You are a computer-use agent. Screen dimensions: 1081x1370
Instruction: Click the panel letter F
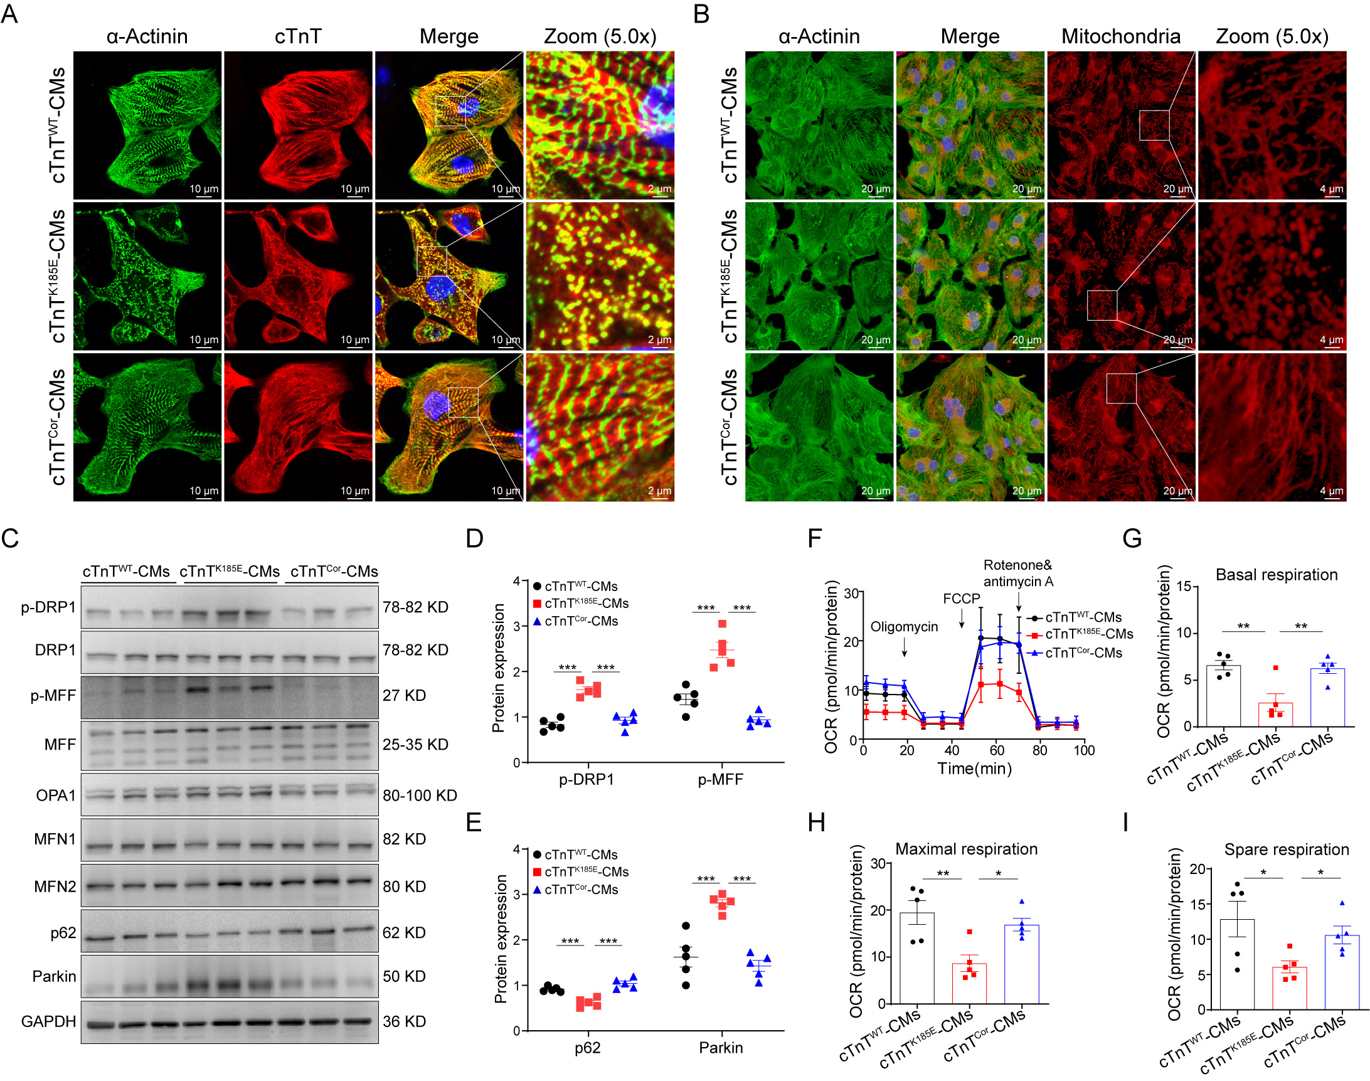(x=814, y=538)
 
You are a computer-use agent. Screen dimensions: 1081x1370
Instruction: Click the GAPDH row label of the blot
(x=48, y=1021)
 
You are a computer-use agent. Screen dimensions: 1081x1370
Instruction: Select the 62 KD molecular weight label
(x=404, y=932)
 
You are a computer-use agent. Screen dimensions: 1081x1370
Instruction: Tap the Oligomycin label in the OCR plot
(x=904, y=627)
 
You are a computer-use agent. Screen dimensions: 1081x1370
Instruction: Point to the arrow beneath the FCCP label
(x=962, y=617)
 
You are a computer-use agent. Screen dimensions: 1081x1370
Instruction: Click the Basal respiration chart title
(x=1277, y=575)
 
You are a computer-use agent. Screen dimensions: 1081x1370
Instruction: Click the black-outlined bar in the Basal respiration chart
(x=1223, y=696)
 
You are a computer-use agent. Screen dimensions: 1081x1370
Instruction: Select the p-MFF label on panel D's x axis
(x=720, y=780)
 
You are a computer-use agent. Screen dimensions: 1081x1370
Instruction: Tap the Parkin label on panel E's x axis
(x=721, y=1048)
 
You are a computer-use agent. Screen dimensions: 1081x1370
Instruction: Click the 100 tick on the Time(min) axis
(x=1084, y=750)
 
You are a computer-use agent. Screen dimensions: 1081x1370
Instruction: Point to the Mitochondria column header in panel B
(x=1121, y=37)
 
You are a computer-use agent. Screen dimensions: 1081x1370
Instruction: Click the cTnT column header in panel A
(x=298, y=37)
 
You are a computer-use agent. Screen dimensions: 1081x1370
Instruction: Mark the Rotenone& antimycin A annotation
(x=1018, y=573)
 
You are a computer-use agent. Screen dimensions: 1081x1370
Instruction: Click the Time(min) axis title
(x=975, y=769)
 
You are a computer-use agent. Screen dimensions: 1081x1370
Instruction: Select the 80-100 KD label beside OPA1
(x=420, y=796)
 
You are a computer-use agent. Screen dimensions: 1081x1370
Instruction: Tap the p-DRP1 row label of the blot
(x=48, y=607)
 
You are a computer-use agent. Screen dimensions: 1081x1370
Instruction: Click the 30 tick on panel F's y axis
(x=851, y=593)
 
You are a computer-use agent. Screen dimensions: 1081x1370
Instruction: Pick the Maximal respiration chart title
(x=966, y=849)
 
